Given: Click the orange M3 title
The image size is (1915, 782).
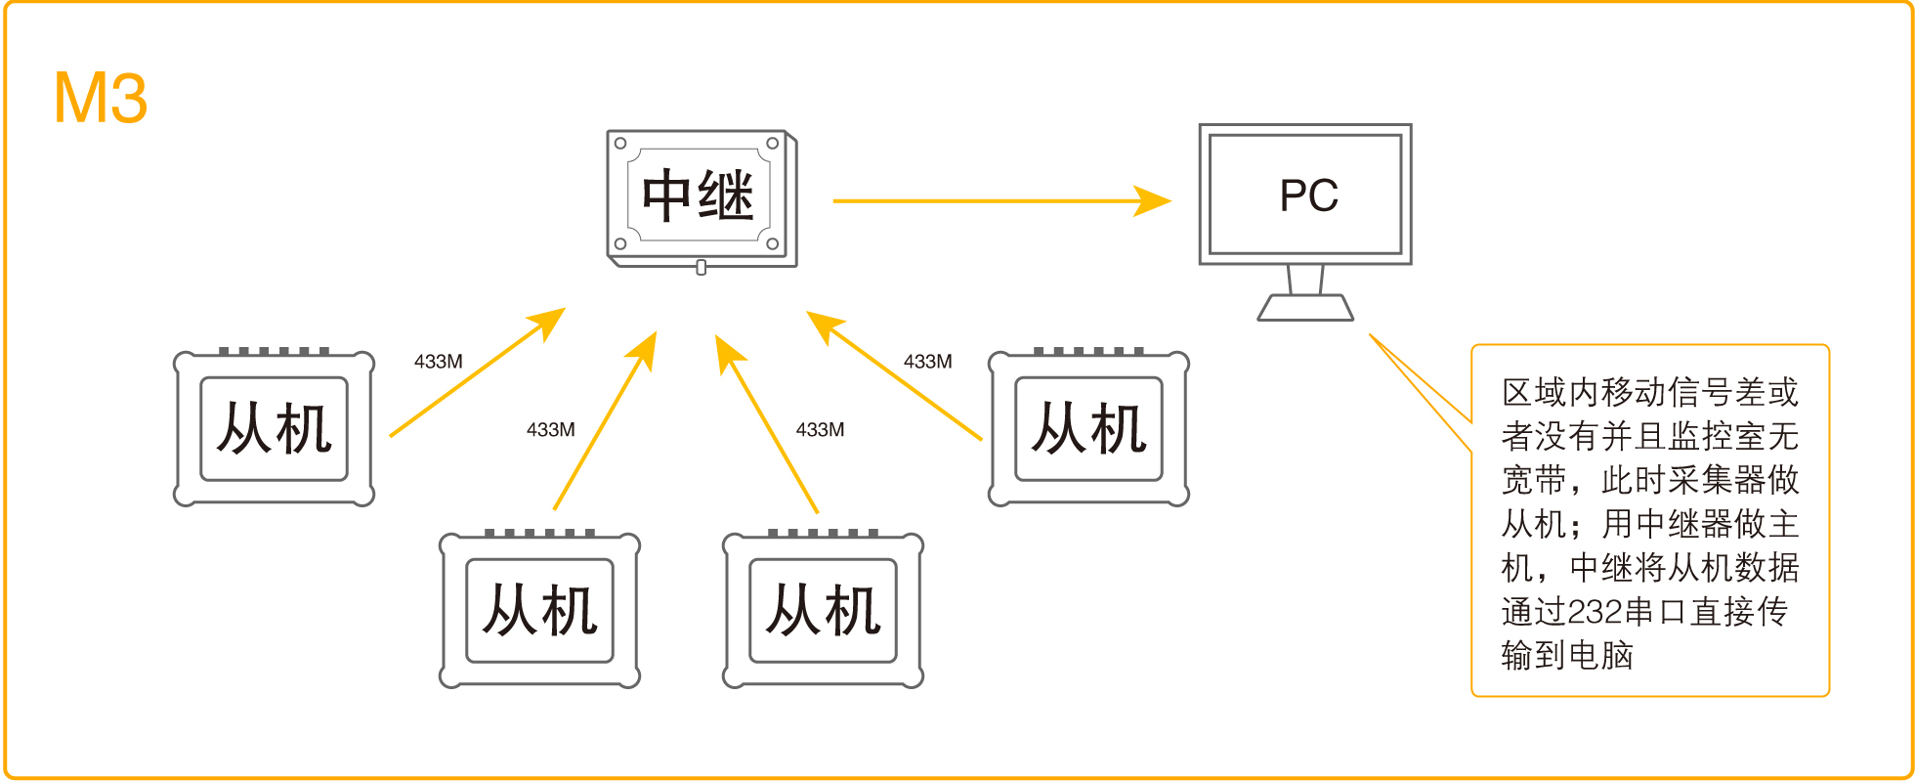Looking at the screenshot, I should pos(101,99).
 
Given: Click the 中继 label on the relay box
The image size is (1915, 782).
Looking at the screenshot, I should pos(699,195).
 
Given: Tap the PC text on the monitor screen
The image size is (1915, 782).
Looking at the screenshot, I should pos(1308,195).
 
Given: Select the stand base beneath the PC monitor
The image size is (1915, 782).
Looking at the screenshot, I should pos(1305,308).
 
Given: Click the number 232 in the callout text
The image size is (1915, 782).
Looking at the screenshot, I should pos(1595,612).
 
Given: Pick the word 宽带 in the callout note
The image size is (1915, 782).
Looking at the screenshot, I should pos(1534,480).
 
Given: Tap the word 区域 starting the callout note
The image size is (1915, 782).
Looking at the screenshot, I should pos(1534,393).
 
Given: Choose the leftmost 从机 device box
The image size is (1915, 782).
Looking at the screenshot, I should pos(274,428).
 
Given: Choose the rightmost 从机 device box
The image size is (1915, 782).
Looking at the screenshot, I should pos(1088,428).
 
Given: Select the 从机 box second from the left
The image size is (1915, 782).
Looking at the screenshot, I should pos(539,611).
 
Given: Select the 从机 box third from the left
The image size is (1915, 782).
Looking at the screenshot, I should pos(823,611).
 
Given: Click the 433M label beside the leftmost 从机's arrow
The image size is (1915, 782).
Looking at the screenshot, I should pos(438,362).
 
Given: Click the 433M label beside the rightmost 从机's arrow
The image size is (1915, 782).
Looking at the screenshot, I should pos(927,362).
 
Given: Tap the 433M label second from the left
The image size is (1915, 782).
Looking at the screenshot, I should pos(550,430).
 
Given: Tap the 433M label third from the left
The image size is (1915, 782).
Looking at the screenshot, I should pos(820,430).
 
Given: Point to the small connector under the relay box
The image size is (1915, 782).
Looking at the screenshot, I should pos(701,267).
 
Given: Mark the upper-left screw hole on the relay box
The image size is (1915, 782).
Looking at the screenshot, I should pos(620,144).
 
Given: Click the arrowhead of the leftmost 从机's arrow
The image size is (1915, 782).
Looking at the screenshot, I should pos(549,321).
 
